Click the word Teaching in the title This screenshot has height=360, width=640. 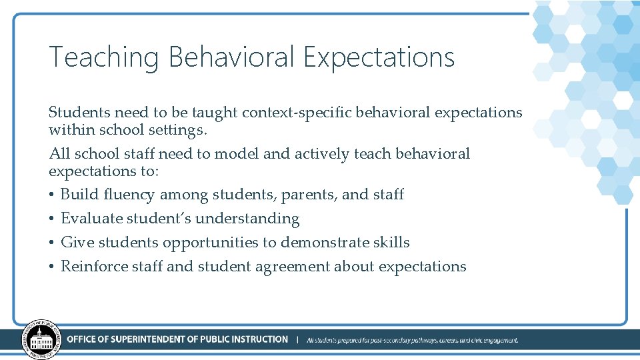[103, 58]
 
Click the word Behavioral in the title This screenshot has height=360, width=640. [231, 58]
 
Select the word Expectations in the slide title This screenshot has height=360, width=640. [379, 58]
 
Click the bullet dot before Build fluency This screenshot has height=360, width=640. [52, 195]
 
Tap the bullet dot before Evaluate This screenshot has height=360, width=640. [52, 219]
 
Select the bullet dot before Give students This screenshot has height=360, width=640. [52, 243]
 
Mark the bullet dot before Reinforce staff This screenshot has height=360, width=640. [52, 267]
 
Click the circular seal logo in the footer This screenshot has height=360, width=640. [41, 339]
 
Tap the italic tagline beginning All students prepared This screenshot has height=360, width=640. [412, 340]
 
